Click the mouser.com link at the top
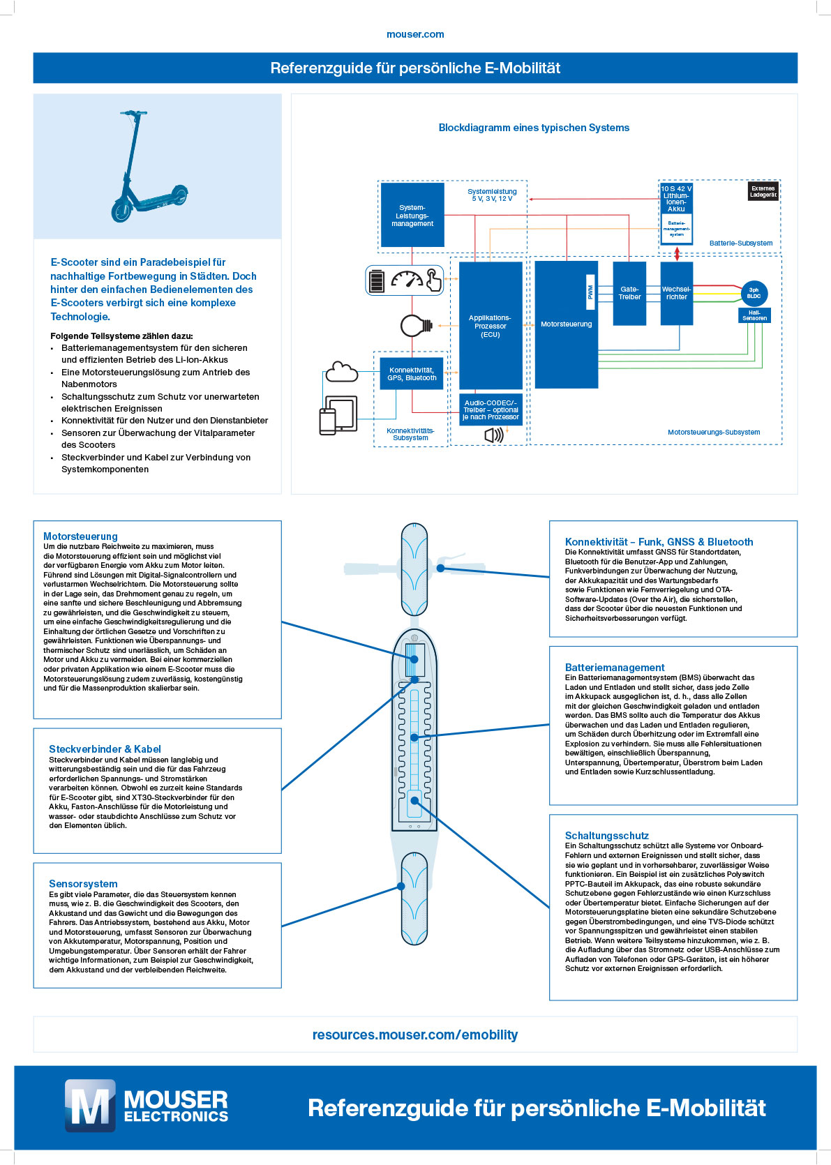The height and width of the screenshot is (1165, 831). click(x=415, y=34)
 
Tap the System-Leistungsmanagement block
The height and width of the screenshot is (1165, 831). click(x=412, y=215)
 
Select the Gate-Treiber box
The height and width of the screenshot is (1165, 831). click(x=629, y=293)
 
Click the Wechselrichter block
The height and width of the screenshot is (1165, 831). click(x=676, y=293)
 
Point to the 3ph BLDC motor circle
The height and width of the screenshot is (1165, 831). click(x=754, y=293)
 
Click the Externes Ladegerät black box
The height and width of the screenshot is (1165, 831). click(x=763, y=192)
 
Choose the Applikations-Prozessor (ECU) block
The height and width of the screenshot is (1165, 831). click(x=491, y=325)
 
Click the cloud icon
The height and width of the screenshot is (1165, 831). click(x=342, y=372)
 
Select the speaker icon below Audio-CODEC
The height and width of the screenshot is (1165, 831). click(x=493, y=435)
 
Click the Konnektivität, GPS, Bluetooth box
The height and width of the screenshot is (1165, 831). click(x=412, y=374)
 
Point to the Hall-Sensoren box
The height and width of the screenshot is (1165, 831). click(x=754, y=315)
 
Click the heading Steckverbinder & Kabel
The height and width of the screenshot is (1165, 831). click(x=105, y=749)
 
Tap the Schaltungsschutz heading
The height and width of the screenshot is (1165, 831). click(x=606, y=835)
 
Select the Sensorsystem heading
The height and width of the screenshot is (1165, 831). click(x=83, y=883)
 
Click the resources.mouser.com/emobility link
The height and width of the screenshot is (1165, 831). click(x=415, y=1035)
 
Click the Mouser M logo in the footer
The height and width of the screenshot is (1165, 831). click(x=90, y=1106)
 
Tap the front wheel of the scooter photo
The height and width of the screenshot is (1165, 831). click(x=121, y=211)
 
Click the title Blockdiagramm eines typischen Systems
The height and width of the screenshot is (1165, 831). click(x=534, y=128)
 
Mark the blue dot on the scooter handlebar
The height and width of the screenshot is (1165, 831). click(x=440, y=568)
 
